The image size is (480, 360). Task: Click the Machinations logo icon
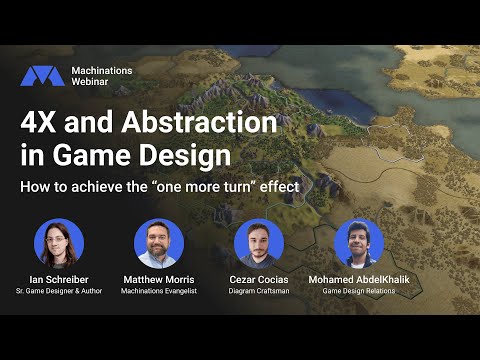click(42, 76)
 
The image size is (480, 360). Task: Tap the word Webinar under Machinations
click(93, 84)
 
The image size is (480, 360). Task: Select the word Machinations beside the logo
click(102, 70)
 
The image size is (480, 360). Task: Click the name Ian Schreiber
click(59, 278)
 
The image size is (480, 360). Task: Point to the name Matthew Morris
click(159, 278)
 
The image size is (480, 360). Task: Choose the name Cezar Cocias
click(259, 278)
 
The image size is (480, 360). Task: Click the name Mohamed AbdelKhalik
click(359, 278)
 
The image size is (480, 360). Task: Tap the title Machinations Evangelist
click(159, 291)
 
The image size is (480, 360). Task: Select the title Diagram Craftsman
click(259, 291)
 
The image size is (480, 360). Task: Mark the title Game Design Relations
click(359, 291)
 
